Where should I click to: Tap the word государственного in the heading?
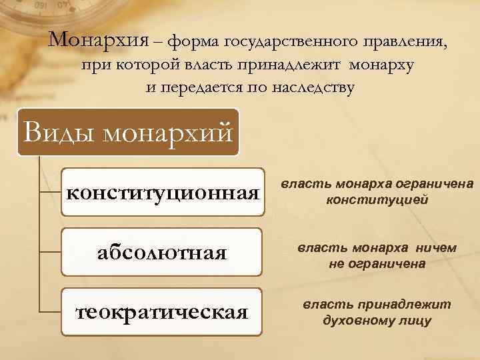tap(291, 43)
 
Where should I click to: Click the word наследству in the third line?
tap(316, 87)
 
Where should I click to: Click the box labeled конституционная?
tap(162, 194)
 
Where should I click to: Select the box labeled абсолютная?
tap(162, 253)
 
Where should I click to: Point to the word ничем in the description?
tap(437, 247)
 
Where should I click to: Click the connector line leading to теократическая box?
tap(50, 311)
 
